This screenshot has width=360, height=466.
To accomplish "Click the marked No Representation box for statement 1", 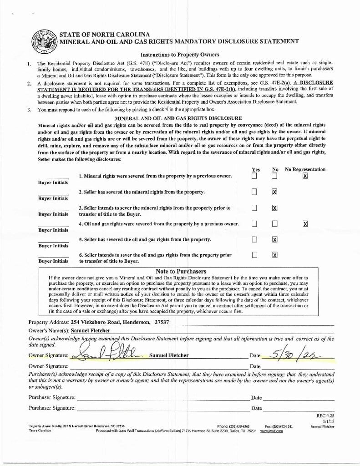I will [305, 176].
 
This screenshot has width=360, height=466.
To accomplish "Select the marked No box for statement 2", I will [274, 192].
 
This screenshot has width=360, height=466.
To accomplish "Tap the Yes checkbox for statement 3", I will [255, 208].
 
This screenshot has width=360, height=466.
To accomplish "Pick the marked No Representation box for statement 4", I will [305, 224].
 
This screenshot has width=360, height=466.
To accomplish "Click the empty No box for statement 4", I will [274, 224].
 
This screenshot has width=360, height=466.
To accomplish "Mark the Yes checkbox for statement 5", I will [255, 240].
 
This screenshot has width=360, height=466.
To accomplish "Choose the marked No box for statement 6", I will [274, 255].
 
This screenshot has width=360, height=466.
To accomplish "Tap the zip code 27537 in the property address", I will [162, 322].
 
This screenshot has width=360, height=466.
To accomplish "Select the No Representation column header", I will [305, 169].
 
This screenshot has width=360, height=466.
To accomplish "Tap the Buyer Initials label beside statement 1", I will [53, 182].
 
